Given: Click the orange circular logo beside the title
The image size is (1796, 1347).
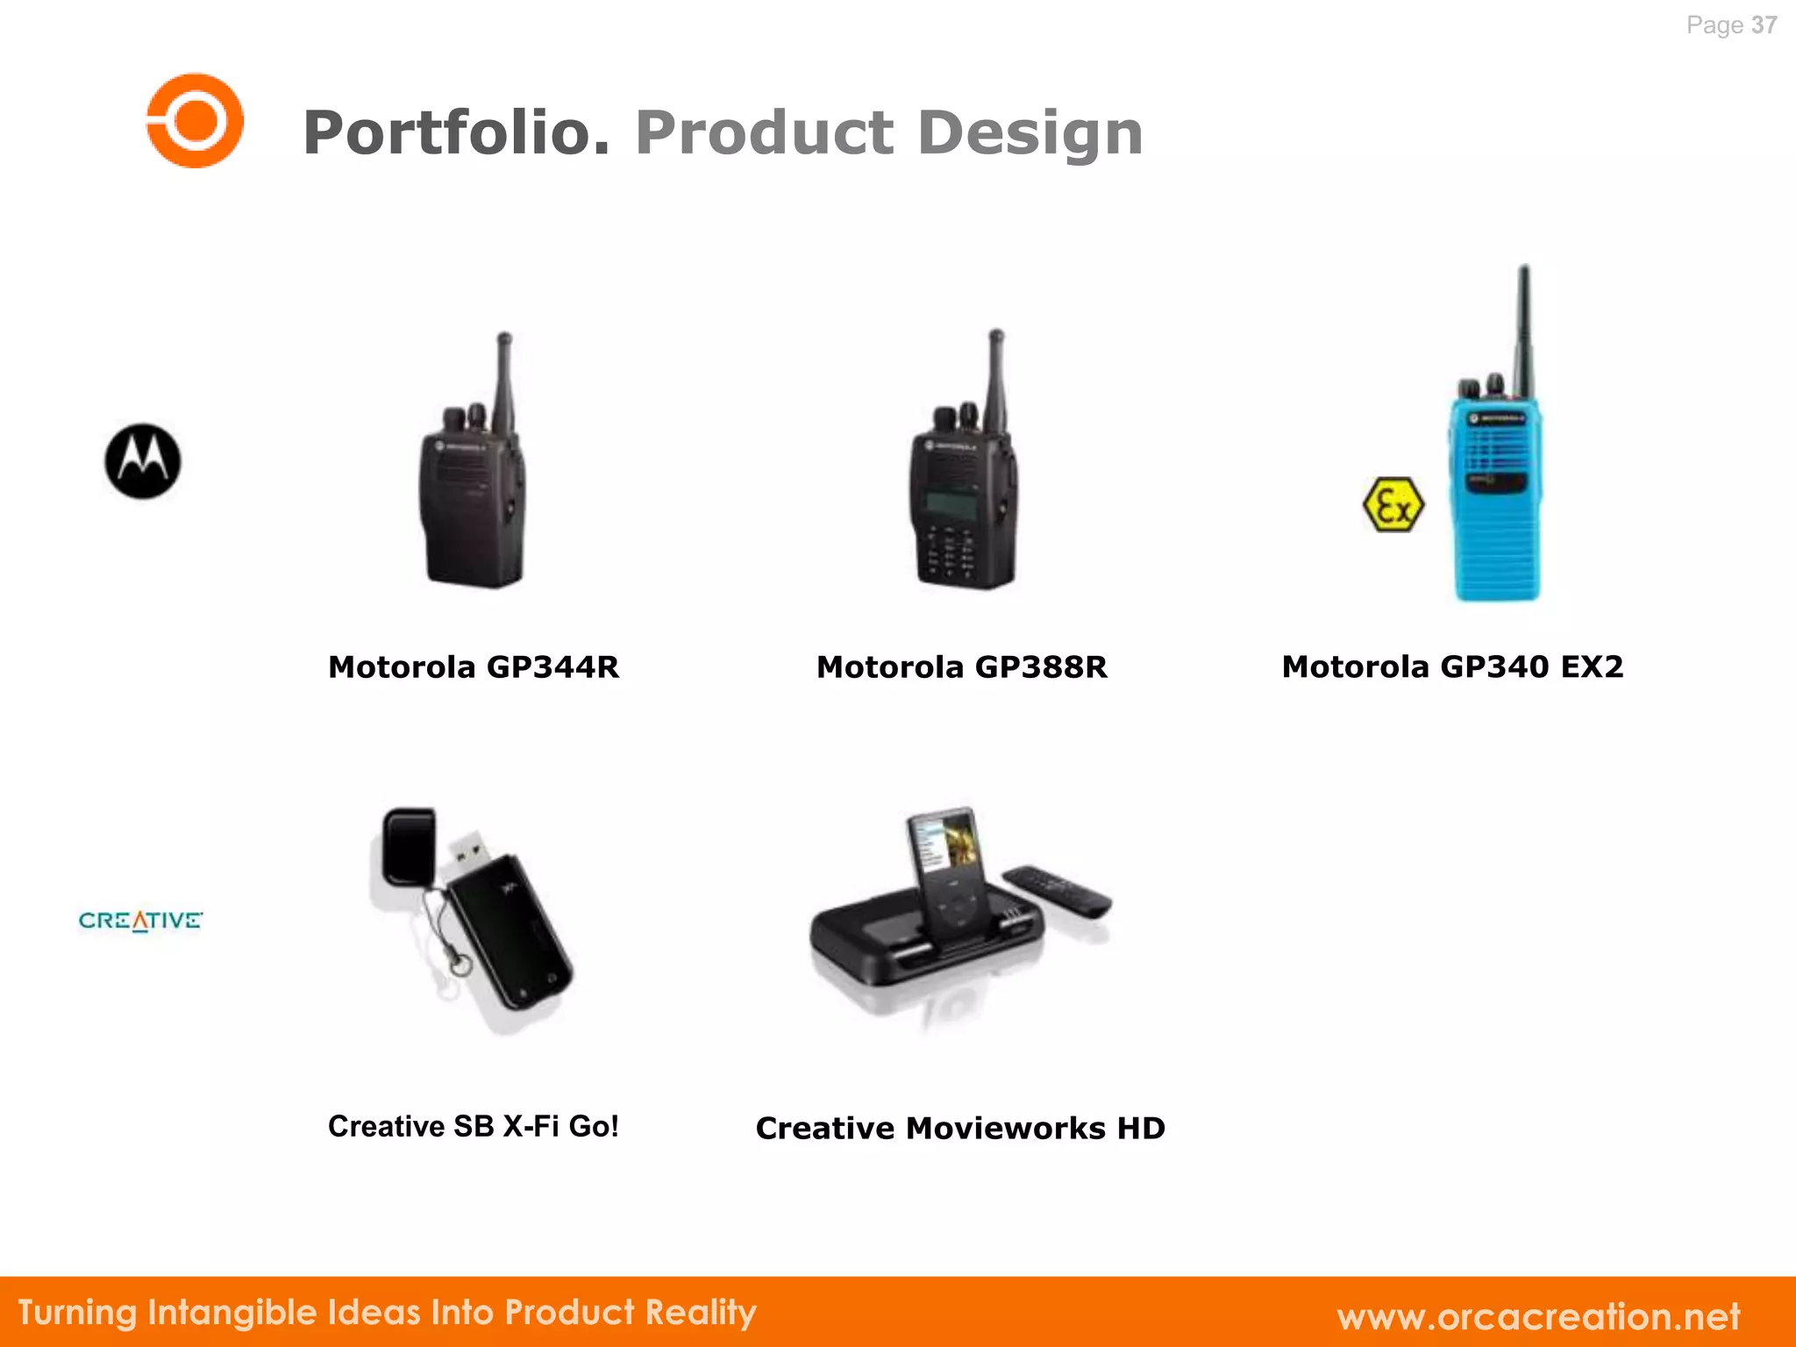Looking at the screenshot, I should pos(195,120).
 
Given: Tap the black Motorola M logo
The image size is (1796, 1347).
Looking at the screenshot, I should pos(142,461).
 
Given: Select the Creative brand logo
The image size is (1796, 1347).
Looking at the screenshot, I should pos(140,921).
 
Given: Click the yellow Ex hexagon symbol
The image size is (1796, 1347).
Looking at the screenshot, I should pos(1393,504).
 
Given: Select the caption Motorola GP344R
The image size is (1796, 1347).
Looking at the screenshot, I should pos(474,667).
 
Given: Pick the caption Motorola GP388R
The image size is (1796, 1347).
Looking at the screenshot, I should pos(961,667).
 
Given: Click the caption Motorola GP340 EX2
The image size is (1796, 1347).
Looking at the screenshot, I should pos(1452,667).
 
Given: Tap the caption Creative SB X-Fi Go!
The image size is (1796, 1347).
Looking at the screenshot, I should pos(474,1126).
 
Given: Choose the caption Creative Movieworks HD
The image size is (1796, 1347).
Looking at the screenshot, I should pos(960,1128).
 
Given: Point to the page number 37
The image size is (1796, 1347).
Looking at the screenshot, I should pos(1764,25).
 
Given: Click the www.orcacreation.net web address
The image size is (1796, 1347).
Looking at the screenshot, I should pos(1538,1316).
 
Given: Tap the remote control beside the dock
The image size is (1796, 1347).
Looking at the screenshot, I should pos(1057,890).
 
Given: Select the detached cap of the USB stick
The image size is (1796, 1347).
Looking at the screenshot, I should pos(410,846).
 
